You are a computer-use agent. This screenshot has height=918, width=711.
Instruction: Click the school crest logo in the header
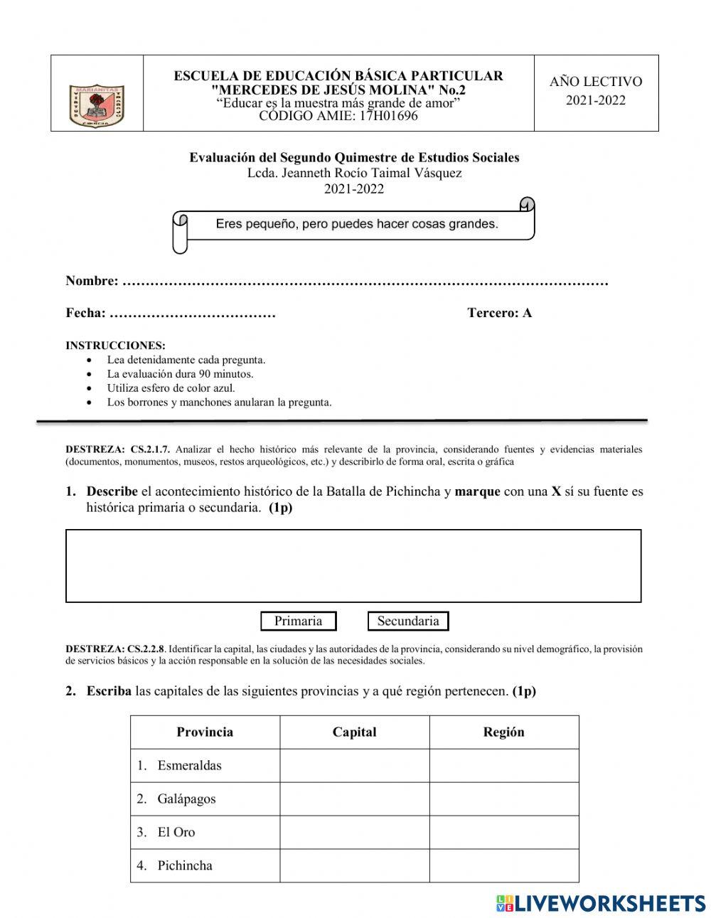tap(97, 105)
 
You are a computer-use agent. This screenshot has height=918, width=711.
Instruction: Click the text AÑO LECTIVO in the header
tap(596, 82)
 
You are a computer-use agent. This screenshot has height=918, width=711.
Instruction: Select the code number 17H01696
tap(389, 116)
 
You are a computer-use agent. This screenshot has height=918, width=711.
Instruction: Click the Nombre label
tap(92, 281)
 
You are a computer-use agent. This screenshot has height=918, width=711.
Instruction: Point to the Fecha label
tap(85, 313)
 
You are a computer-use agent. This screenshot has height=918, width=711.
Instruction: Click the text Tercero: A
tap(499, 313)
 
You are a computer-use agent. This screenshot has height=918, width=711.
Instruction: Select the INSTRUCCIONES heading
tap(115, 346)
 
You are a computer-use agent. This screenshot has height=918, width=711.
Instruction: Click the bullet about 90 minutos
tap(180, 374)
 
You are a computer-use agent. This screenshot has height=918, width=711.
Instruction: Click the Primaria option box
tap(298, 621)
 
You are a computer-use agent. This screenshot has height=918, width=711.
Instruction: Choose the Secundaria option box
tap(408, 621)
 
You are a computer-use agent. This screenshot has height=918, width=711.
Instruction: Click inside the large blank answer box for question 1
tap(353, 566)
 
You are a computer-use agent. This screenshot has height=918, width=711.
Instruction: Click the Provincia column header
tap(205, 732)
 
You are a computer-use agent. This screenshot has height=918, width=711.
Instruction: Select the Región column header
tap(503, 732)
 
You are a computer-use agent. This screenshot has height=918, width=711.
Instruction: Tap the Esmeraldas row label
tap(189, 766)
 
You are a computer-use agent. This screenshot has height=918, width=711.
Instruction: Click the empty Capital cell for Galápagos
tap(354, 799)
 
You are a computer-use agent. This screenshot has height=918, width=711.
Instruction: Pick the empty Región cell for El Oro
tap(503, 832)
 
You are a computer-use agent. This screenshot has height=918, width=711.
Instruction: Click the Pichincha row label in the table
tap(185, 865)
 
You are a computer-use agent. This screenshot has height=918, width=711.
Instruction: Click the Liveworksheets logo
tap(600, 903)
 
